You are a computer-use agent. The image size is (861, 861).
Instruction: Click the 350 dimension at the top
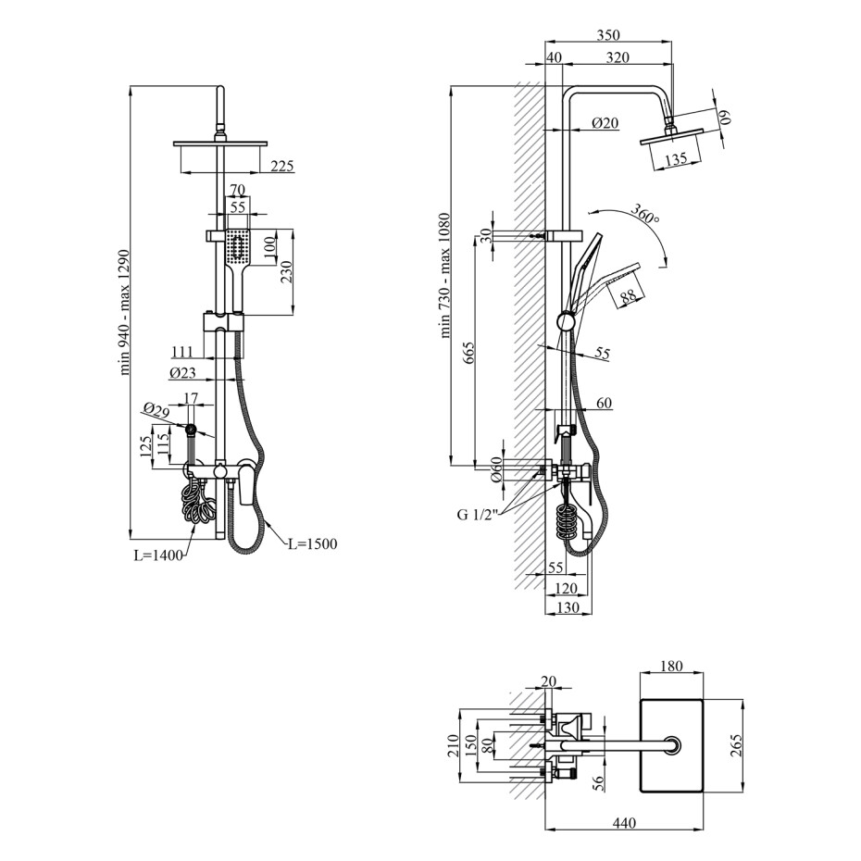click(x=607, y=35)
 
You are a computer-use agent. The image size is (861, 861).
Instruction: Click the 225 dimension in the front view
click(x=281, y=166)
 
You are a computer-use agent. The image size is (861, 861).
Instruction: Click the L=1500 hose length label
click(x=312, y=543)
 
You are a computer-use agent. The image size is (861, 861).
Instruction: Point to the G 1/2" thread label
click(x=477, y=514)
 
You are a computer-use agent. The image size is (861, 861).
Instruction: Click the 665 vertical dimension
click(x=469, y=351)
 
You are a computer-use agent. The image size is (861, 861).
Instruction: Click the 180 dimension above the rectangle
click(x=671, y=666)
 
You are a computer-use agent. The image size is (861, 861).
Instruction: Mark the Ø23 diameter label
click(x=182, y=373)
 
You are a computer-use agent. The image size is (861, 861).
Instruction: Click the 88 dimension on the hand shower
click(x=628, y=297)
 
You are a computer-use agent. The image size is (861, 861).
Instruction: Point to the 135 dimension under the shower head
click(x=676, y=159)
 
